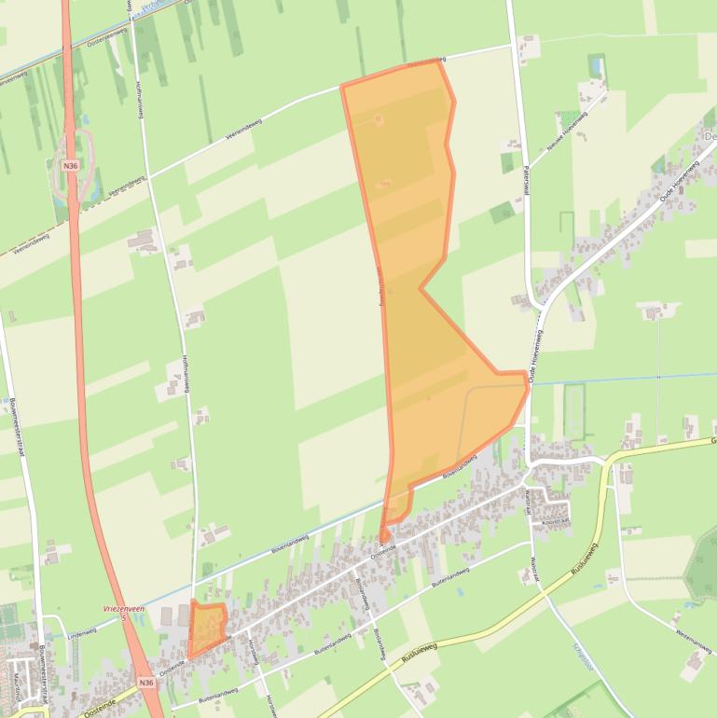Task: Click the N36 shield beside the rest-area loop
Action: point(71,165)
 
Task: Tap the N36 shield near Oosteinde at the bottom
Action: point(145,683)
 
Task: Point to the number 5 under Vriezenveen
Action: point(122,617)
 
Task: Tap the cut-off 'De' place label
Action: point(710,137)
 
